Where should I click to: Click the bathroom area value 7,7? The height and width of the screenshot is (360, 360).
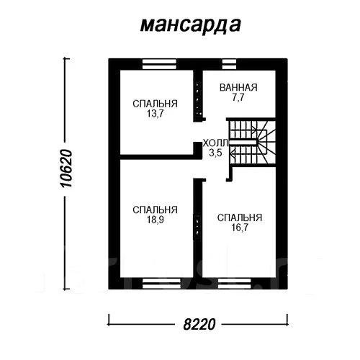(238, 98)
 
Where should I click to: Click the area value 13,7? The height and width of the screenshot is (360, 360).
(155, 114)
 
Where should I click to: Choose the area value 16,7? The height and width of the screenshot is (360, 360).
(238, 228)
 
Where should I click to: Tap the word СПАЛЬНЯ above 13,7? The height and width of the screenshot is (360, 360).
(155, 104)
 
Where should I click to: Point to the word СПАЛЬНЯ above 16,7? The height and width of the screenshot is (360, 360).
(238, 217)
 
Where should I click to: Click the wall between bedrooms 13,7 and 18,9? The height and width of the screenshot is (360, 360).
(157, 156)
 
